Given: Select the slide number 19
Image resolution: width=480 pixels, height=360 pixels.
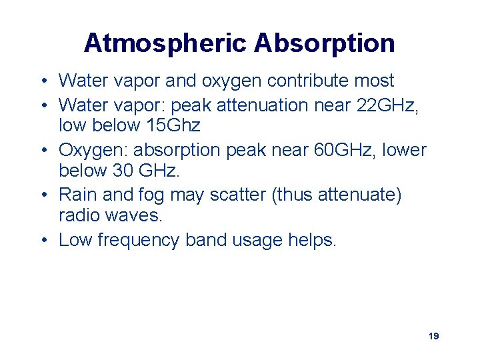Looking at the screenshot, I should pyautogui.click(x=433, y=336).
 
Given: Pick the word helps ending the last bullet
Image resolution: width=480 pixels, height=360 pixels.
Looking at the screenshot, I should pyautogui.click(x=312, y=240).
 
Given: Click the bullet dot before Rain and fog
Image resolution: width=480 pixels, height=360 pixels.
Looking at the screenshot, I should pyautogui.click(x=42, y=195).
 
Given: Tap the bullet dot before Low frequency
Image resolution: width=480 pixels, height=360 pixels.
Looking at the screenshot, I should pyautogui.click(x=42, y=240).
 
